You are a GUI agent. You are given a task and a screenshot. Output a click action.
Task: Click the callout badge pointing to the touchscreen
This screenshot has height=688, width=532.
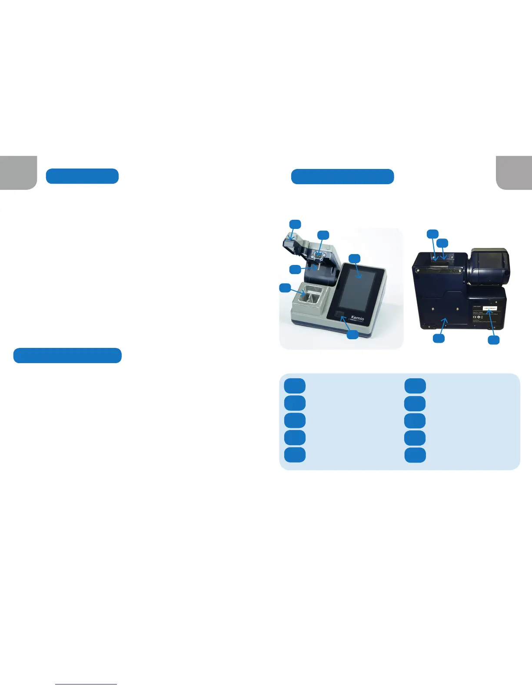355,258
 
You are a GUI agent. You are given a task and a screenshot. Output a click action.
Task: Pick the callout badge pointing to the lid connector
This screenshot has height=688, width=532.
323,235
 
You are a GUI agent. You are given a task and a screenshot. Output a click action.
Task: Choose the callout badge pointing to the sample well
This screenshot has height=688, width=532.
285,288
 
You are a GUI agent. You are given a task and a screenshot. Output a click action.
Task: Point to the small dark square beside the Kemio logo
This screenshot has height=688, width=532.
340,315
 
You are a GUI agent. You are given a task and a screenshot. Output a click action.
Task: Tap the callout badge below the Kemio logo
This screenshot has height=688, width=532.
352,334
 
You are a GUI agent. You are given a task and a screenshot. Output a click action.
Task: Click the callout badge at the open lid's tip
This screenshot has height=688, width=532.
295,224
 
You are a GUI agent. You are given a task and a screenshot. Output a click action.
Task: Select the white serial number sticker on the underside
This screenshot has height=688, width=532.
489,308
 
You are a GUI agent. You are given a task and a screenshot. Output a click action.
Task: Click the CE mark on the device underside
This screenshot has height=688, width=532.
475,317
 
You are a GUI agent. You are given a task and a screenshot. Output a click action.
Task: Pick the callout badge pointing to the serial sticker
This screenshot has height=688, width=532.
493,340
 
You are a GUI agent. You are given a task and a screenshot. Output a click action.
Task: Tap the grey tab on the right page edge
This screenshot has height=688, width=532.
514,172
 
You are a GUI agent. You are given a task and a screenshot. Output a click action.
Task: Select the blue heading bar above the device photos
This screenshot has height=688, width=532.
342,177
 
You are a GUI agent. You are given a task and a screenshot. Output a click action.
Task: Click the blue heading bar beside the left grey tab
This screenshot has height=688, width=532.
82,176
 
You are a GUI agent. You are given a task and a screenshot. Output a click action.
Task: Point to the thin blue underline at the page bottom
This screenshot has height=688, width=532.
86,684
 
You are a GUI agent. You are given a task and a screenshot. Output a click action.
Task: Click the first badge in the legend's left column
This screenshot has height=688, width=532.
295,386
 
